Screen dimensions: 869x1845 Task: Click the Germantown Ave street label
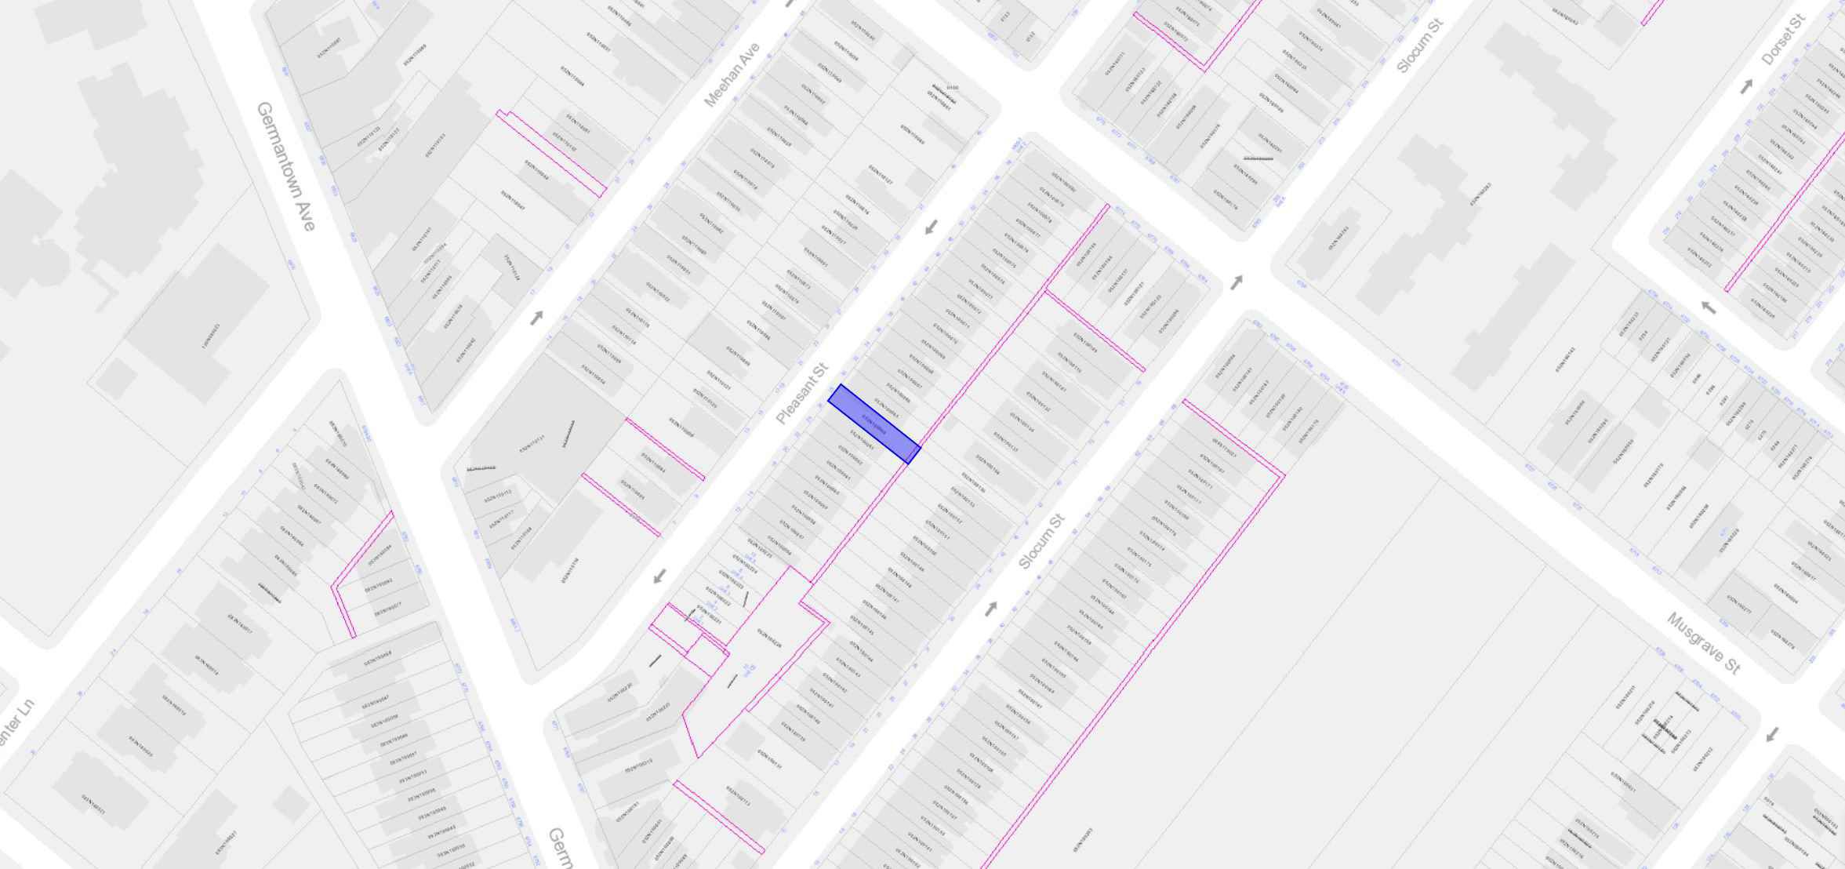[286, 166]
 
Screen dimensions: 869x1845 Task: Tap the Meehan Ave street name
[732, 75]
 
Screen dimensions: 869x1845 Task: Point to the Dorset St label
[1783, 40]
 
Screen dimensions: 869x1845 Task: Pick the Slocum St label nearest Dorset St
[1420, 46]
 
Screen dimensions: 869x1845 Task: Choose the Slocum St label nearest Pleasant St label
[1042, 541]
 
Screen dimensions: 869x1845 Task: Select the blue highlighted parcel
[874, 424]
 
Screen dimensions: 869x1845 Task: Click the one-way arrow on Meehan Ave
[537, 318]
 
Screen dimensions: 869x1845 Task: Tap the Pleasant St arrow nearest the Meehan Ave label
[931, 227]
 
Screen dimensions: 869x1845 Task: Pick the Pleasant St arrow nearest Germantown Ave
[659, 576]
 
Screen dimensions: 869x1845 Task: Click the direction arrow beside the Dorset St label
[1746, 87]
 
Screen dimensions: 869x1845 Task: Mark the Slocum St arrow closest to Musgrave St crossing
[1237, 282]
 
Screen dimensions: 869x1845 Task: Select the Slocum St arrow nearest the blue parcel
[991, 608]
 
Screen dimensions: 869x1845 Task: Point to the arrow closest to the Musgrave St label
[1771, 734]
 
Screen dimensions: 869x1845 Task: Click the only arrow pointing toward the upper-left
[1707, 307]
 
